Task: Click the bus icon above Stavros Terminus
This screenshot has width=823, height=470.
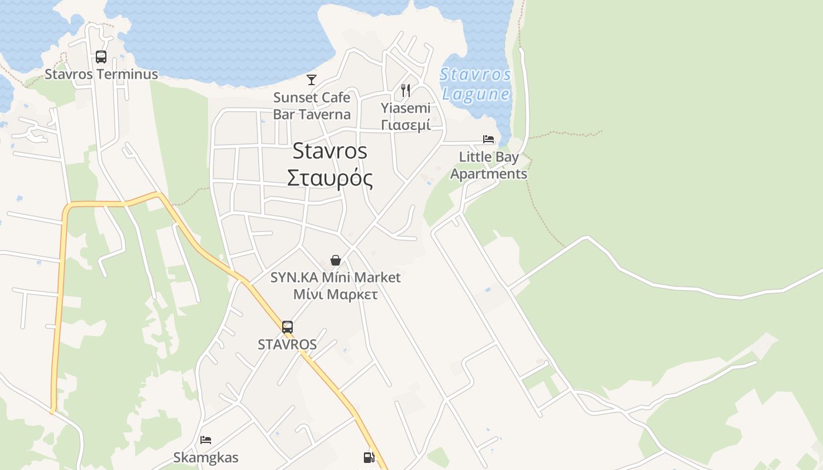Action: (101, 57)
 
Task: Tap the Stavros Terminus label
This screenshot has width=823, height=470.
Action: (102, 74)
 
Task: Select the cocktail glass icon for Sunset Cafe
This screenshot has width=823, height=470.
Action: (312, 80)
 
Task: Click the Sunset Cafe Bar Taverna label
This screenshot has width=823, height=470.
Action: (312, 106)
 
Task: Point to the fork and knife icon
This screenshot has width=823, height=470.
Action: (405, 90)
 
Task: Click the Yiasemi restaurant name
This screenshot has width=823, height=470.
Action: (406, 108)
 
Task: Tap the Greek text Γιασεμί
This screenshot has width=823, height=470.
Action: (406, 125)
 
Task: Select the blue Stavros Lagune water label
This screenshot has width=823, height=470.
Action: (476, 84)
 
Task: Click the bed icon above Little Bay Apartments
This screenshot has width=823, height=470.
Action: (489, 139)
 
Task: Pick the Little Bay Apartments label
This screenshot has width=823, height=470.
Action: (489, 166)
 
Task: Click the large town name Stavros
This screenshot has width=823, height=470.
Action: (330, 151)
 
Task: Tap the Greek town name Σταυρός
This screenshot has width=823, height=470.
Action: (330, 178)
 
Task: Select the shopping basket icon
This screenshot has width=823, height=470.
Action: (336, 260)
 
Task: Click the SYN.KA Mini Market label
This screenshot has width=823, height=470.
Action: (335, 277)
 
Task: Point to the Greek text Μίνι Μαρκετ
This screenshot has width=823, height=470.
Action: (335, 294)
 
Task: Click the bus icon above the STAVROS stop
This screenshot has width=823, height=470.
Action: (287, 327)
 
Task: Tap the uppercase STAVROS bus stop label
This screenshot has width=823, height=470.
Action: (287, 345)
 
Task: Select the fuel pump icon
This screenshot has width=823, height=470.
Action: (369, 457)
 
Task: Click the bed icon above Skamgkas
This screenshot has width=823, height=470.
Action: (206, 439)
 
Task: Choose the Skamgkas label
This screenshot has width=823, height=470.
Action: (206, 457)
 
